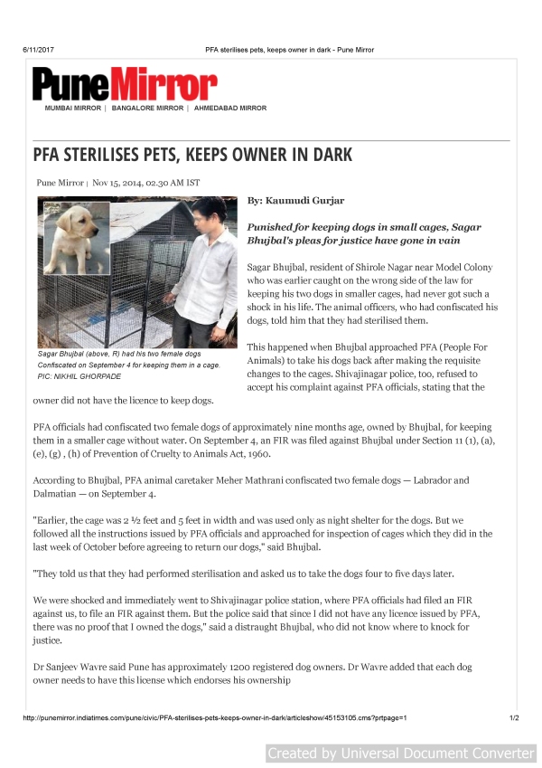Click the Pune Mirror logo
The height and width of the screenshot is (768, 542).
124,85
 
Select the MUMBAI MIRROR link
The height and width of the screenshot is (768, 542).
73,109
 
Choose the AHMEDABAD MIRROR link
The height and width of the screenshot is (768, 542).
230,109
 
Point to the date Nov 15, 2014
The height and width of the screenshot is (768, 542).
126,182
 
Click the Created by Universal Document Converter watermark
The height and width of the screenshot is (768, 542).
401,753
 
